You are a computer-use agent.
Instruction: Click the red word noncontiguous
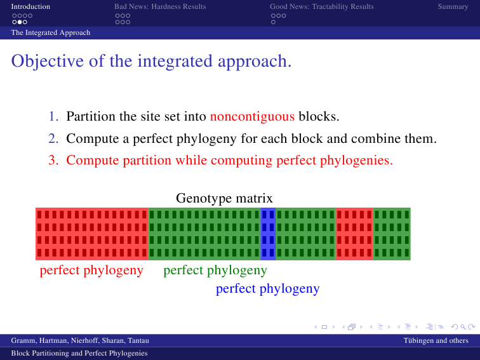[252, 117]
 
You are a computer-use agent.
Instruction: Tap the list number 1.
[53, 116]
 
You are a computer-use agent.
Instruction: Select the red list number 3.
[53, 160]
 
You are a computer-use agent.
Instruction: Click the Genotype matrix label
[224, 198]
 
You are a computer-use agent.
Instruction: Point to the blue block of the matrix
[268, 234]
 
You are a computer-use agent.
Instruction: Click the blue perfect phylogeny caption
[267, 289]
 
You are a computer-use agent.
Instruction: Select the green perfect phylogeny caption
[215, 270]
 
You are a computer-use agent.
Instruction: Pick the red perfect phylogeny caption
[91, 270]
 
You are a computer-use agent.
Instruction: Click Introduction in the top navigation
[30, 6]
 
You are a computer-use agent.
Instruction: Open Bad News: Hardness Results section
[160, 6]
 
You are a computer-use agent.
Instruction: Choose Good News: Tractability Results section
[322, 6]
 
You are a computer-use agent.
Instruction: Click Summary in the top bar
[453, 6]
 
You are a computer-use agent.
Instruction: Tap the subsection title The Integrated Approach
[51, 32]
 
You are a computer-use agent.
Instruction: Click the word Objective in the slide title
[48, 61]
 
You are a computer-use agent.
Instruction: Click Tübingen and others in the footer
[436, 340]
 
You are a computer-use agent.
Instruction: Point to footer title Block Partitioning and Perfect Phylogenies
[79, 353]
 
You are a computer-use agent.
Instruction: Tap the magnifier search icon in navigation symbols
[463, 327]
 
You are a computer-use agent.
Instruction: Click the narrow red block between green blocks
[354, 234]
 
